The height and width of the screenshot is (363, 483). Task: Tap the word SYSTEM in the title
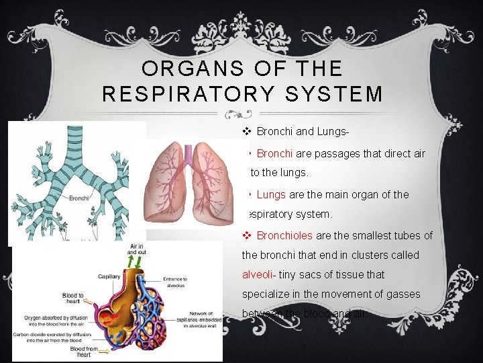click(x=341, y=93)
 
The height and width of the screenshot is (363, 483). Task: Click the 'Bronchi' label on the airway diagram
click(x=80, y=198)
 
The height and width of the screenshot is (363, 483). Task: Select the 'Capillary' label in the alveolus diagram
click(x=108, y=276)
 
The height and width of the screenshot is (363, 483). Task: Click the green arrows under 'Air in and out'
click(x=137, y=264)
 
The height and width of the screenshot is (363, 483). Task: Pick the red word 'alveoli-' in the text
click(x=260, y=274)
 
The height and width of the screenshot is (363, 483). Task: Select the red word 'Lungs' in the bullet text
click(x=271, y=194)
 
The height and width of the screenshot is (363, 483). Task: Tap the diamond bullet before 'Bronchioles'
click(x=246, y=235)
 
